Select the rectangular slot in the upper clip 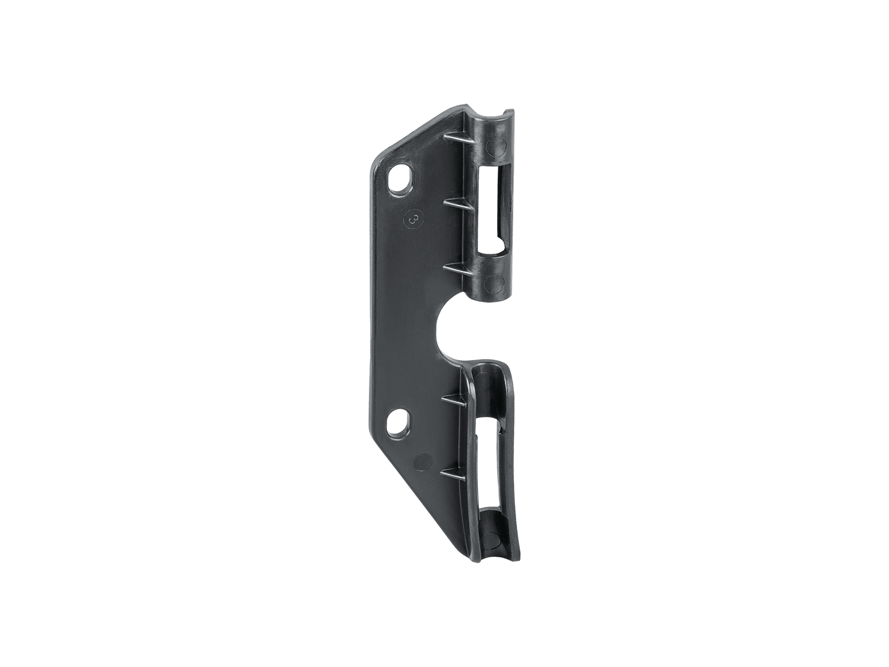click(492, 211)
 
